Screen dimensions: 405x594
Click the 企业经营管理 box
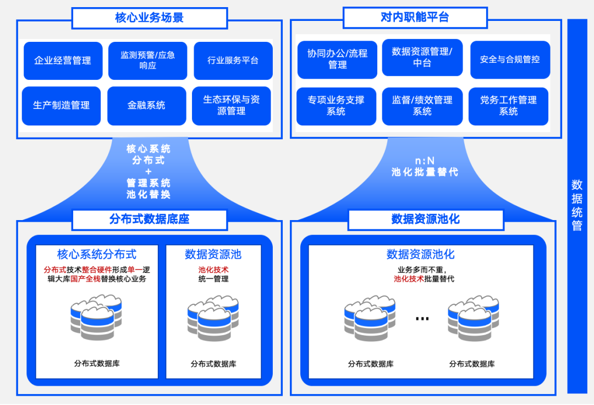click(x=63, y=61)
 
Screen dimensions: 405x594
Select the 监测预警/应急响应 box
click(x=147, y=61)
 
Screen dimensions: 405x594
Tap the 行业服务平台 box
click(x=233, y=61)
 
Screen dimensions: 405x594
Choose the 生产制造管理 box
click(x=61, y=106)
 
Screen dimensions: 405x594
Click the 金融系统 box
click(x=146, y=106)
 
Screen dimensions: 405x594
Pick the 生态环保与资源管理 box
click(x=232, y=106)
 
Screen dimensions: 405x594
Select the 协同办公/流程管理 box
click(x=337, y=59)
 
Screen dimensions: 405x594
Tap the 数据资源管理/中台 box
click(x=422, y=58)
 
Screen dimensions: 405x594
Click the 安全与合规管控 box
click(x=510, y=59)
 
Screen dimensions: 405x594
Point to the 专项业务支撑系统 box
click(x=336, y=106)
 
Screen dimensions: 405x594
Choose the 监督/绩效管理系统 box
click(x=422, y=106)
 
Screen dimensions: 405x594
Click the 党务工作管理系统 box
click(x=508, y=106)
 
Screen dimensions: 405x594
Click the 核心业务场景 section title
click(x=149, y=18)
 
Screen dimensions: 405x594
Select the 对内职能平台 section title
click(x=415, y=18)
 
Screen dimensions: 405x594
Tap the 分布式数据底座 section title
click(x=149, y=220)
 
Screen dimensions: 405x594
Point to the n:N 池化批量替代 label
click(x=425, y=166)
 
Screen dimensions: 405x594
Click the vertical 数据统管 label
click(x=577, y=205)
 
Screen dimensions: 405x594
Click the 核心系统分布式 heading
click(x=97, y=254)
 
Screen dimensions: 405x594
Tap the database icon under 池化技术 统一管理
click(x=213, y=318)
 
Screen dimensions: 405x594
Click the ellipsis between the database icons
click(x=422, y=319)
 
